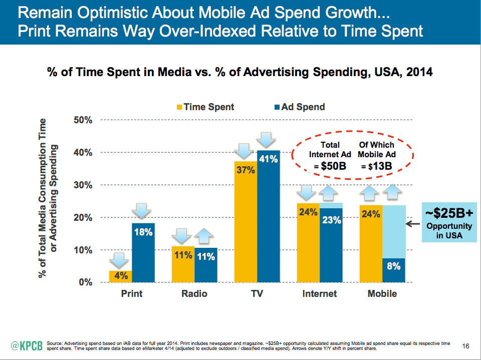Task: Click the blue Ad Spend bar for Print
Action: (x=143, y=253)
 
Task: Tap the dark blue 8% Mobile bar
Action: (x=394, y=270)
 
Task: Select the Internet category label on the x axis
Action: (x=320, y=293)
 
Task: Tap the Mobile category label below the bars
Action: (x=382, y=293)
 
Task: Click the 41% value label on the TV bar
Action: (x=268, y=159)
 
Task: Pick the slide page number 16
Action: (x=465, y=346)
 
